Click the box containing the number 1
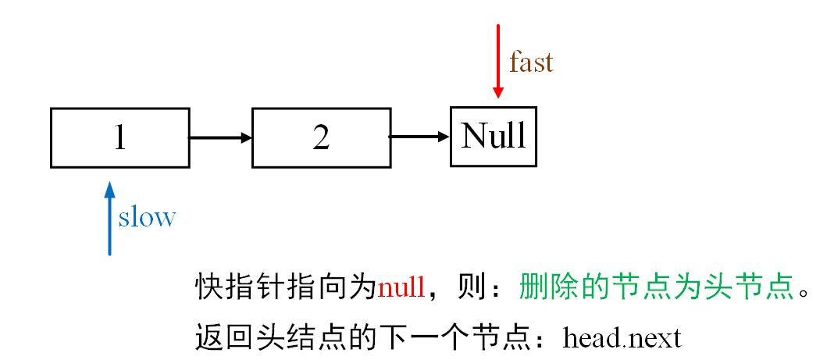coord(119,137)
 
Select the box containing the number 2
coord(321,137)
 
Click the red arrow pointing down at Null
coord(497,62)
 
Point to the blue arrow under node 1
coord(109,219)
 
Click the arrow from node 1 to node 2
coord(220,138)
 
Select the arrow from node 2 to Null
coord(420,137)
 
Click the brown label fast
coord(531,62)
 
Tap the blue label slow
coord(147,217)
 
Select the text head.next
coord(622,338)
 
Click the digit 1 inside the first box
coord(119,137)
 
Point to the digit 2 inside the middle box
coord(321,137)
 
